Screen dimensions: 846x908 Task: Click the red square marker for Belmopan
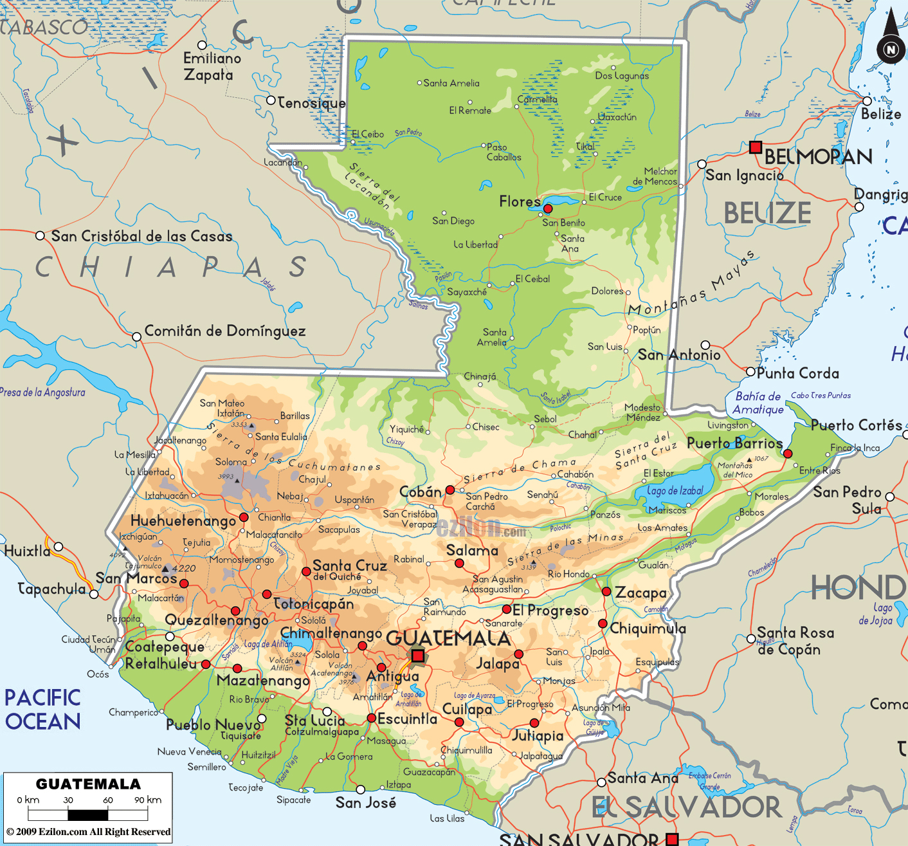click(756, 147)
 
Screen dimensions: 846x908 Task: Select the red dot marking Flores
click(548, 208)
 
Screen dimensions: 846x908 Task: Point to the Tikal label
click(585, 147)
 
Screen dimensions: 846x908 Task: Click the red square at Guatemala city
click(418, 656)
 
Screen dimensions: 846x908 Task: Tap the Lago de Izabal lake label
click(675, 491)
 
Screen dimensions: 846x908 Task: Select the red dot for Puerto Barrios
click(788, 454)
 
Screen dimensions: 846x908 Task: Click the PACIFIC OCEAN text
click(42, 710)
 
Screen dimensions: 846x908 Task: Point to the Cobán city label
click(421, 492)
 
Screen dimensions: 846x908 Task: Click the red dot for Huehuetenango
click(244, 517)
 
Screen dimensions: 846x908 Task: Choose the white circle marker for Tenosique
click(271, 101)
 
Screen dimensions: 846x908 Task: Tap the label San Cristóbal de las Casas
click(141, 236)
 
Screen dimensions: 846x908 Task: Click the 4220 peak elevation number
click(184, 568)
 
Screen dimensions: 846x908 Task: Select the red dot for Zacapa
click(606, 591)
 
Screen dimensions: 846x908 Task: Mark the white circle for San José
click(361, 789)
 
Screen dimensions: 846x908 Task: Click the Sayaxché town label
click(467, 292)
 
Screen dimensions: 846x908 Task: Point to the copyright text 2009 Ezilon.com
click(89, 832)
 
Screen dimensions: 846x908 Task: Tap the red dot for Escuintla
click(372, 718)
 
